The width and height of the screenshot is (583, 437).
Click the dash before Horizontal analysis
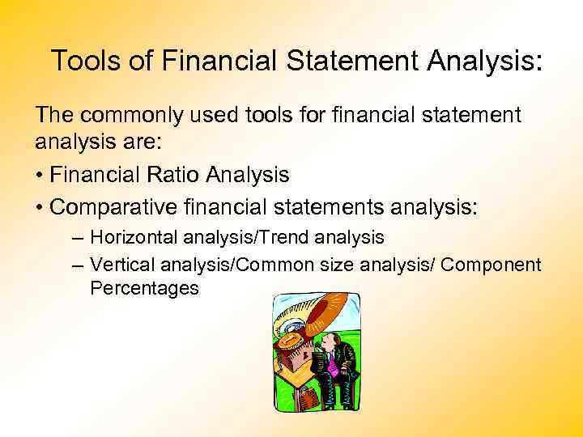click(x=77, y=239)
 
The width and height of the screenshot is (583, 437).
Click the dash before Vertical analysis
click(x=77, y=264)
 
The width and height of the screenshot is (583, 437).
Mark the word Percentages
click(x=144, y=287)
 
